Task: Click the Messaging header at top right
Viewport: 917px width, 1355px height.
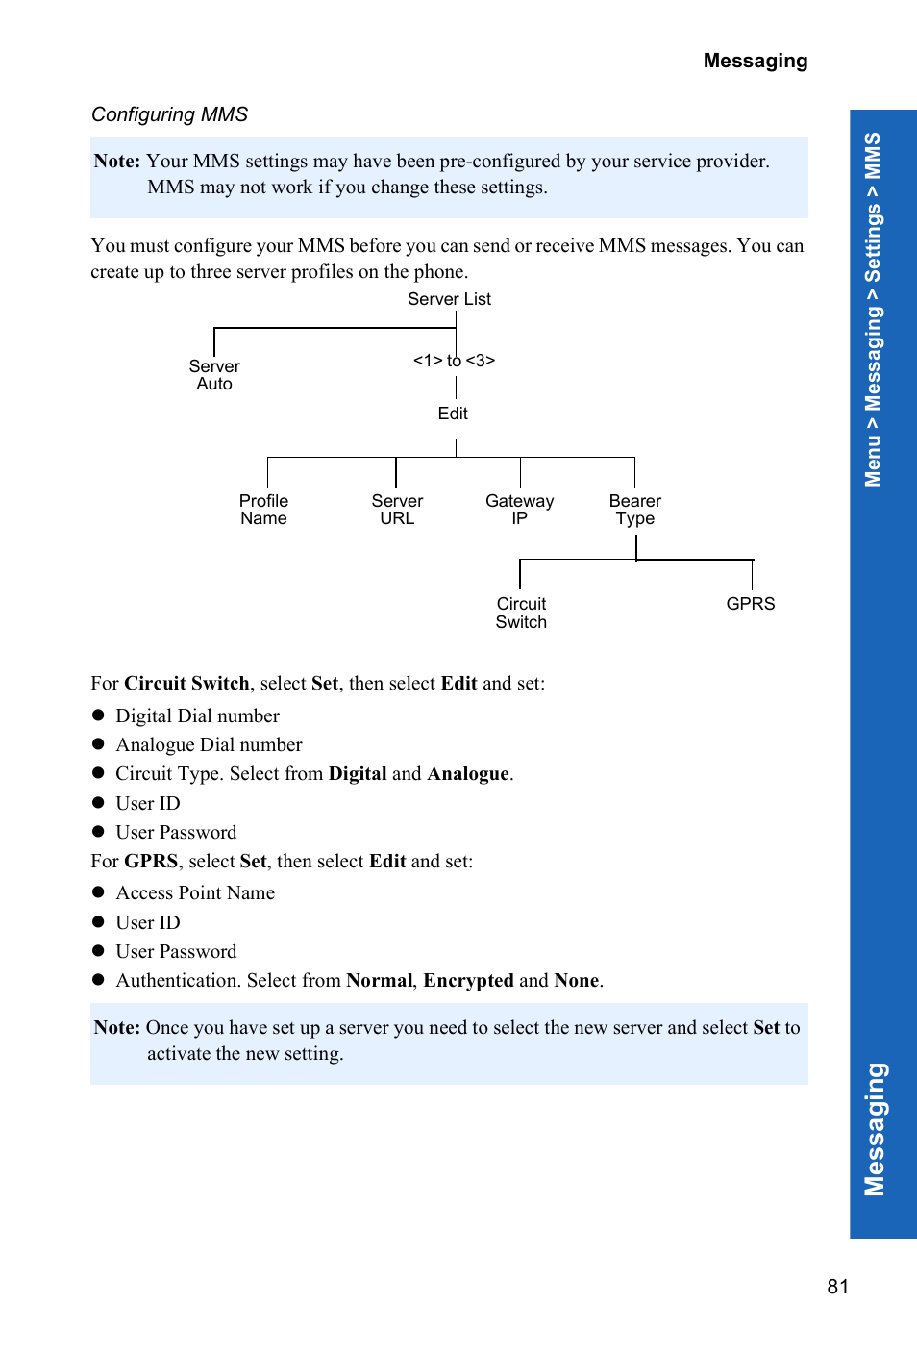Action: click(x=755, y=61)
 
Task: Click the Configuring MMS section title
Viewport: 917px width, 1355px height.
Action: click(x=169, y=114)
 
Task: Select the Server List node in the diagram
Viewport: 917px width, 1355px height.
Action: click(x=449, y=299)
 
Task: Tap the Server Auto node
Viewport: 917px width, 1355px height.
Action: click(x=214, y=375)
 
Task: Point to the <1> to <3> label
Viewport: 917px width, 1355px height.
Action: click(x=454, y=360)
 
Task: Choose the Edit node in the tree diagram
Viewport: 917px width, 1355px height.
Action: click(x=453, y=414)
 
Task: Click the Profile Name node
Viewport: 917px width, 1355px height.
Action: click(x=263, y=510)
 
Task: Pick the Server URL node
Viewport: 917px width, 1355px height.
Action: click(x=397, y=510)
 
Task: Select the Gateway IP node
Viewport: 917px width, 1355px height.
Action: click(x=519, y=510)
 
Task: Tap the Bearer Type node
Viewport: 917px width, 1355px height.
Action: click(x=634, y=510)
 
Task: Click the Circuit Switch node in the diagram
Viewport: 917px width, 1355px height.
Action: click(x=521, y=613)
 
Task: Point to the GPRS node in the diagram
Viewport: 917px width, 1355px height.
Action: click(x=750, y=604)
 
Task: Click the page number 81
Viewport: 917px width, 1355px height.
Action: click(x=837, y=1287)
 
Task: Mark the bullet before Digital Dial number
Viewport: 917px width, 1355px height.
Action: click(x=98, y=715)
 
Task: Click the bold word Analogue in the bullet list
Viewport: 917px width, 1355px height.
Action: click(x=468, y=774)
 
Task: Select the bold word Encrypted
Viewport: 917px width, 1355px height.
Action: click(x=468, y=980)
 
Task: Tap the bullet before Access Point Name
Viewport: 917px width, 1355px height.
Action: click(x=98, y=892)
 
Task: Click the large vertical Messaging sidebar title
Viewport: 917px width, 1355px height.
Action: click(x=875, y=1129)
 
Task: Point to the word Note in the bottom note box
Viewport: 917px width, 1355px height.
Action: click(x=116, y=1027)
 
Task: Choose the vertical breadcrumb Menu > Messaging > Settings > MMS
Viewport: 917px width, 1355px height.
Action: click(x=873, y=310)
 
